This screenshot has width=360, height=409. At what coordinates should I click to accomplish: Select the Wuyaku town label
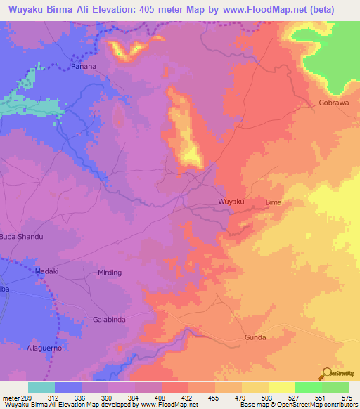click(231, 202)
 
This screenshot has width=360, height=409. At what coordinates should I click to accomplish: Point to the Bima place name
click(273, 202)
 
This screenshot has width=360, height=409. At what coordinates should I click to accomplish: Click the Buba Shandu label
click(21, 237)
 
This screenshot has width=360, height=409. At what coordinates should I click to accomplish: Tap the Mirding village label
click(110, 273)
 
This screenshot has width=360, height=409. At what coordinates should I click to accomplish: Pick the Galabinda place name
click(109, 320)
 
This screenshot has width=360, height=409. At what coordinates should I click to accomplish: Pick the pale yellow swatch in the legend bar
click(282, 387)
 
